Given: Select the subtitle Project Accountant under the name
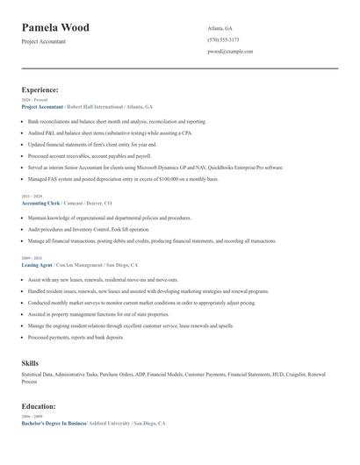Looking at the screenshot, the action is click(x=43, y=41).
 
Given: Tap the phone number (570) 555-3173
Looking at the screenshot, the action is click(x=223, y=39).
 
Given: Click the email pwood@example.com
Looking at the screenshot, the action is click(x=230, y=52).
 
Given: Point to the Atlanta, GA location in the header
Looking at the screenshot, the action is click(x=221, y=28).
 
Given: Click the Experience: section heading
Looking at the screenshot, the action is click(x=40, y=89).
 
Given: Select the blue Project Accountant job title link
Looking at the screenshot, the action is click(x=42, y=106).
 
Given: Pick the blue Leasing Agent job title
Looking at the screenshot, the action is click(x=37, y=264).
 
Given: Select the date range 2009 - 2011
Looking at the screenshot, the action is click(x=32, y=258).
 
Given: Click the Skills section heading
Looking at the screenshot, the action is click(x=30, y=362).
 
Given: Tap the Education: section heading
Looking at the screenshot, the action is click(x=39, y=406).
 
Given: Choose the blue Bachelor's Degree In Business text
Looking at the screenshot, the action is click(x=54, y=424).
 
